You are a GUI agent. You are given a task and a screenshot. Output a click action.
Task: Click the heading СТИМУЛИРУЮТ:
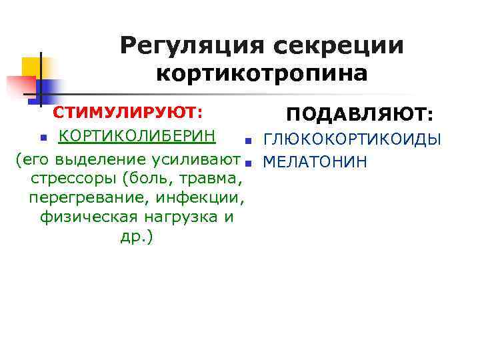128,112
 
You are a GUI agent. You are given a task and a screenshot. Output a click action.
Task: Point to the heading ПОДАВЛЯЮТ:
361,115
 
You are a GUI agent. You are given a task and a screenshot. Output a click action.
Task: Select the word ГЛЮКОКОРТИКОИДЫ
353,140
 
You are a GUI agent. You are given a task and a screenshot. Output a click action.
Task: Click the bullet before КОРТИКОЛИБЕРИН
43,137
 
